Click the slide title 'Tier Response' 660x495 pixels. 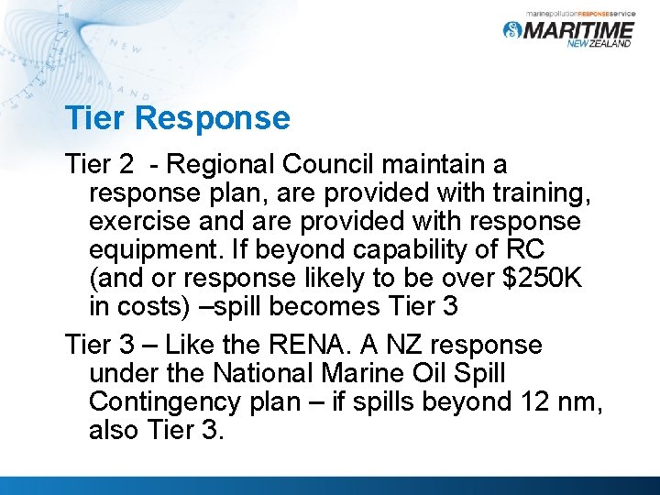tap(177, 118)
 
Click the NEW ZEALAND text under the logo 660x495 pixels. tap(599, 44)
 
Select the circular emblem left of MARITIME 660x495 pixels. tap(511, 30)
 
